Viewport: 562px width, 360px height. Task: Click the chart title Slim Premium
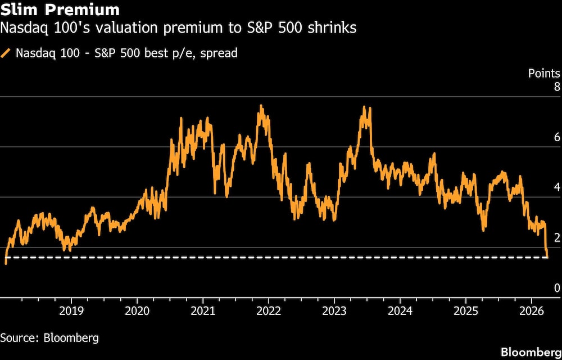click(60, 10)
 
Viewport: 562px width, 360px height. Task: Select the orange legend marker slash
click(7, 53)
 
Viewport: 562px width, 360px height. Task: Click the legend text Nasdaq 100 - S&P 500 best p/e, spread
click(126, 53)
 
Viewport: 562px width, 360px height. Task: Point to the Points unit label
click(543, 73)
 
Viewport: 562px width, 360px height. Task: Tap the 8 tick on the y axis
click(557, 87)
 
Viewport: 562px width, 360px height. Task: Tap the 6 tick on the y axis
click(557, 137)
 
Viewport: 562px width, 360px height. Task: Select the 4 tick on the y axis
click(557, 187)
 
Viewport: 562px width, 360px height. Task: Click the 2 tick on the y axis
click(557, 237)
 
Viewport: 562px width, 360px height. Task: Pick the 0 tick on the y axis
click(557, 288)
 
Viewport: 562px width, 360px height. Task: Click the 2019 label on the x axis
click(71, 311)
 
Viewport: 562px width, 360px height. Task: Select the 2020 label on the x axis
click(137, 311)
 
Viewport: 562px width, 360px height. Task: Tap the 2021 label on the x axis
click(202, 311)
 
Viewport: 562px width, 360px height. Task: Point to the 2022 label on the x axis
click(268, 311)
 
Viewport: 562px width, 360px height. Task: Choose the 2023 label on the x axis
click(334, 311)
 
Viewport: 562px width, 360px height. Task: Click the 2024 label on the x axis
click(400, 311)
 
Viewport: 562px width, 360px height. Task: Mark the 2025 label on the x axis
click(465, 311)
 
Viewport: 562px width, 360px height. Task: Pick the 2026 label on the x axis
click(531, 311)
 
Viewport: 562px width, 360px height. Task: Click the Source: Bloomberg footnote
click(49, 338)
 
